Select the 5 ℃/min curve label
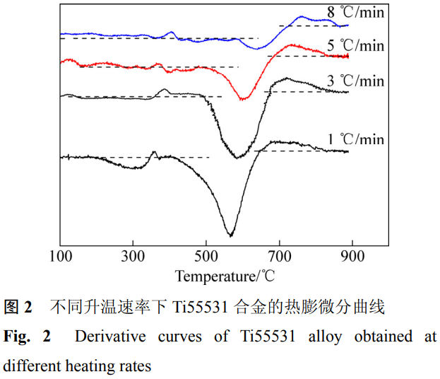(356, 46)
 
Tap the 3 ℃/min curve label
(356, 81)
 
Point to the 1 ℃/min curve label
(356, 139)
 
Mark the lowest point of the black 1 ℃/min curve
(230, 235)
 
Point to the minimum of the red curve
(244, 99)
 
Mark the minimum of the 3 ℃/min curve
(237, 157)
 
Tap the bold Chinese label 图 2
(19, 307)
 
